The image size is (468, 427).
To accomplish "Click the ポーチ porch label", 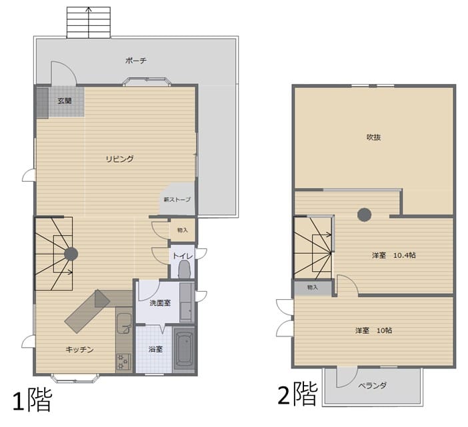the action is tap(136, 61).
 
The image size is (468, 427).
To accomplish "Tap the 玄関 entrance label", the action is tap(65, 101).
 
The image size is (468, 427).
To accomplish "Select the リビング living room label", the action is tap(120, 159).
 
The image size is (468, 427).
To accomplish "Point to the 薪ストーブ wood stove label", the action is tap(177, 199).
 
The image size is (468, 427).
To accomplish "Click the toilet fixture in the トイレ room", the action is tap(184, 269).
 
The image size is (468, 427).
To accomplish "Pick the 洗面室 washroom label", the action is tap(160, 303).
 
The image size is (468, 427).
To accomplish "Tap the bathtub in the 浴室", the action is tap(184, 348).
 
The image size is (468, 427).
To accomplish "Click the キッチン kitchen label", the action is tap(79, 349).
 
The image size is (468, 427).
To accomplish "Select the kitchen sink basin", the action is tap(123, 324).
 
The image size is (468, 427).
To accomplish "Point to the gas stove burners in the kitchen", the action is tap(123, 362).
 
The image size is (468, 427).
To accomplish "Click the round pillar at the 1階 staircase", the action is tap(71, 254).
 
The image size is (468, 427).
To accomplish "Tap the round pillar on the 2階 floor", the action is tap(365, 214).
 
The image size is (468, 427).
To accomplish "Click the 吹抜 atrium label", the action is tap(373, 137).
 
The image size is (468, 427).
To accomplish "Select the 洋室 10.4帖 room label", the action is tap(394, 255).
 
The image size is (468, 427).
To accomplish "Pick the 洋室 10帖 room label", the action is tap(373, 330).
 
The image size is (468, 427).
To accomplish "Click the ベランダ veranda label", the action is tap(372, 385).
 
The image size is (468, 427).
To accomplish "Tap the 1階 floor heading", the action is tap(32, 400).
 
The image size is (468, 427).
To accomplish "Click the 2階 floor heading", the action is tap(297, 394).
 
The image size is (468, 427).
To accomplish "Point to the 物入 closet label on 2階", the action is tap(313, 288).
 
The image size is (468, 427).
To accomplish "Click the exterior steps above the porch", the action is tap(89, 23).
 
